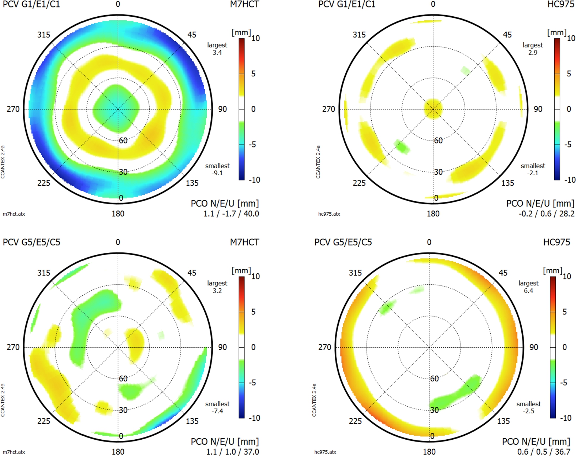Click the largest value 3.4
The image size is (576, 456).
coord(217,53)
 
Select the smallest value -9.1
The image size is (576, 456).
coord(217,173)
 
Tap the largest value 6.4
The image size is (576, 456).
coord(528,291)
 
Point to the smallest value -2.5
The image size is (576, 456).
coord(528,411)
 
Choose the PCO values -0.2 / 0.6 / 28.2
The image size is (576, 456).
coord(547,214)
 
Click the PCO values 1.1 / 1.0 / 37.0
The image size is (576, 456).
coord(232,452)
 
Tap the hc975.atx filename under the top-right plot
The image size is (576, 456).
coord(329,214)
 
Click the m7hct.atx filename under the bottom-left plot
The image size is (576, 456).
coord(14,452)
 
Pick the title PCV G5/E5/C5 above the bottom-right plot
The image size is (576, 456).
coord(343,242)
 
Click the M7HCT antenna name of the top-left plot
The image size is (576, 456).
coord(244,4)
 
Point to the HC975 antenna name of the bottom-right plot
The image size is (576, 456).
coord(556,242)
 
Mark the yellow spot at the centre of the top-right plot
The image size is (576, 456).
coord(433,108)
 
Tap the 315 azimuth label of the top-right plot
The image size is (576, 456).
coord(359,35)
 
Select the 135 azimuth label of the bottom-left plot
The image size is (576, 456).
coord(192,421)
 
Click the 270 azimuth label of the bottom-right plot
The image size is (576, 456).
coord(324,347)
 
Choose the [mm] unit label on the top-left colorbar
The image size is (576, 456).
coord(241,33)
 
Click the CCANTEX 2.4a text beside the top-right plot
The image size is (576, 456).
coord(318,162)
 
